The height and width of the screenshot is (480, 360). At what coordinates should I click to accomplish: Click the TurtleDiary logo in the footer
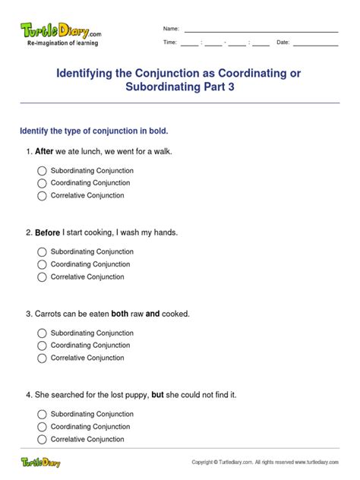click(40, 461)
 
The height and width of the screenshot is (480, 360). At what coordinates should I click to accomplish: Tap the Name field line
click(261, 30)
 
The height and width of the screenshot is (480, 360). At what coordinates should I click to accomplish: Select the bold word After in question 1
click(44, 151)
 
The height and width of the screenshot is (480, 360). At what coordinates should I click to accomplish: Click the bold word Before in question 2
click(47, 232)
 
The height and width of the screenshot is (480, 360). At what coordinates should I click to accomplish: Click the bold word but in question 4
click(158, 395)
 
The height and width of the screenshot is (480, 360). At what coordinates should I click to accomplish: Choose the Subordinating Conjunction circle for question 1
click(42, 171)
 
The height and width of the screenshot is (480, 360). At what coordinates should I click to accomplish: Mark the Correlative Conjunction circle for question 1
click(42, 196)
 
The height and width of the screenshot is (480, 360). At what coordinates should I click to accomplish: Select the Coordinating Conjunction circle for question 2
click(42, 264)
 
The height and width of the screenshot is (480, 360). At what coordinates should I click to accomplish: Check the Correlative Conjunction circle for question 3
click(42, 358)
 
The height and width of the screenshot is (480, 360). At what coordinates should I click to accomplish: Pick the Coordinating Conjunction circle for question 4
click(42, 427)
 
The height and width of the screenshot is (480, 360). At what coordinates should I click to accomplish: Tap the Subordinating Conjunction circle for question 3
click(42, 333)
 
